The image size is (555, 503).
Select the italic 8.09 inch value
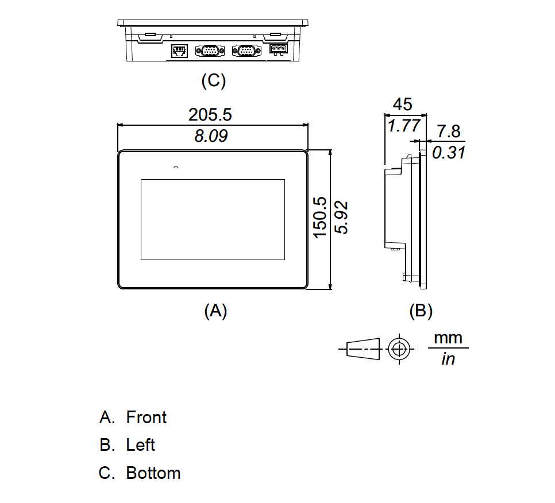210,136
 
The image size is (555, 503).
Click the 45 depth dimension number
402,105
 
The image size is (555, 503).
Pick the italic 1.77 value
404,126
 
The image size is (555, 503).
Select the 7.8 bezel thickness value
449,131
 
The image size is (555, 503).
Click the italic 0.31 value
448,153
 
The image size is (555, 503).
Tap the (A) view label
215,311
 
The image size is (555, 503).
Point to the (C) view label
213,81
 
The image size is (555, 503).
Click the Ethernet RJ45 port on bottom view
178,51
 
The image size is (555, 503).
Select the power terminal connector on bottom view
277,50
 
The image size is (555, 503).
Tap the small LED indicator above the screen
176,168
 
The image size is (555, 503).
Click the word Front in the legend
147,417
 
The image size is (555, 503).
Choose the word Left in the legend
141,445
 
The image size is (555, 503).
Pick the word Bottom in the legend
153,473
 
